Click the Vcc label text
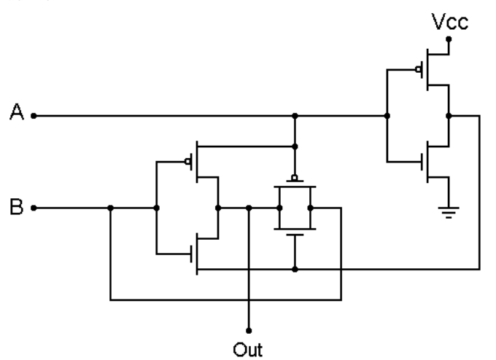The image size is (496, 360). pyautogui.click(x=450, y=22)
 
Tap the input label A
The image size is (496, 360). pyautogui.click(x=17, y=111)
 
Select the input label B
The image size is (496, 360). pyautogui.click(x=17, y=207)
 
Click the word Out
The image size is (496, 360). pyautogui.click(x=248, y=350)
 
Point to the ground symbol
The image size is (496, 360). pyautogui.click(x=449, y=212)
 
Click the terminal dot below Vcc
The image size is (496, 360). pyautogui.click(x=449, y=39)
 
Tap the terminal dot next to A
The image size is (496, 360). pyautogui.click(x=34, y=116)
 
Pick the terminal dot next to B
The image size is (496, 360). pyautogui.click(x=34, y=208)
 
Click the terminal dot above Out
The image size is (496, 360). pyautogui.click(x=249, y=331)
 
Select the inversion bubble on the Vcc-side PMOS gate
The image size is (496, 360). pyautogui.click(x=419, y=69)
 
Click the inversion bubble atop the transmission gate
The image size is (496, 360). pyautogui.click(x=295, y=178)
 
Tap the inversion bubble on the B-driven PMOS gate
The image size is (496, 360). pyautogui.click(x=187, y=162)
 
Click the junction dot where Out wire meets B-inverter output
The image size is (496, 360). pyautogui.click(x=249, y=208)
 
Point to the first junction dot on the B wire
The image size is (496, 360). pyautogui.click(x=110, y=208)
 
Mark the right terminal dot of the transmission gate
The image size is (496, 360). pyautogui.click(x=310, y=208)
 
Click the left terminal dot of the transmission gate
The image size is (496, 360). pyautogui.click(x=279, y=208)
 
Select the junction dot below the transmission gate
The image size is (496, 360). pyautogui.click(x=295, y=270)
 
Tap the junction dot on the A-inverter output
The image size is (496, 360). pyautogui.click(x=449, y=116)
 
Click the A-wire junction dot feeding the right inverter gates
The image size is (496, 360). pyautogui.click(x=387, y=116)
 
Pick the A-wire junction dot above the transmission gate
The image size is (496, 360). pyautogui.click(x=295, y=116)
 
